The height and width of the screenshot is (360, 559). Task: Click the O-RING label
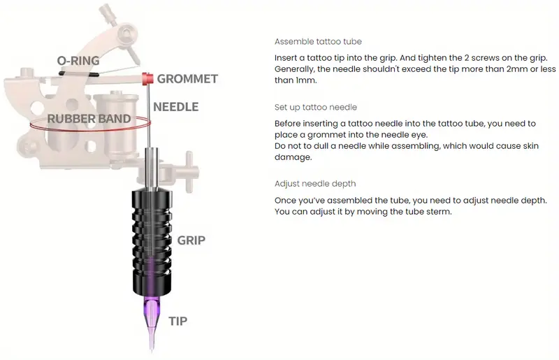(78, 61)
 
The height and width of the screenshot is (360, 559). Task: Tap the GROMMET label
(187, 79)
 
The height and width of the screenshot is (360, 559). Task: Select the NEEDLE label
(176, 107)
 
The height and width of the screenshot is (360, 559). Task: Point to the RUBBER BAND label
(89, 119)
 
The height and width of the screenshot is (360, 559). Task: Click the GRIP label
(191, 240)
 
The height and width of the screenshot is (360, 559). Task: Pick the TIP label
(178, 321)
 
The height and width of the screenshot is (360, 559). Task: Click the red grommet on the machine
(147, 78)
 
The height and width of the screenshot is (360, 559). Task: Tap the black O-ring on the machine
(78, 74)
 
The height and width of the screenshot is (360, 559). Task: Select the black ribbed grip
(152, 243)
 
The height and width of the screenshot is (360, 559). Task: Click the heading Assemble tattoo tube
(318, 42)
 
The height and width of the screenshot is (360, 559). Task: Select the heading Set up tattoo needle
(316, 108)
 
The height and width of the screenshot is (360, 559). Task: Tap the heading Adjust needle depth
(315, 184)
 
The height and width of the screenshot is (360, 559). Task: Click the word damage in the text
(292, 157)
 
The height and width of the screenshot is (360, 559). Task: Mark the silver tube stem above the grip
(152, 168)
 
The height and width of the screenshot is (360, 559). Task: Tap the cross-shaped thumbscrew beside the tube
(189, 172)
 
